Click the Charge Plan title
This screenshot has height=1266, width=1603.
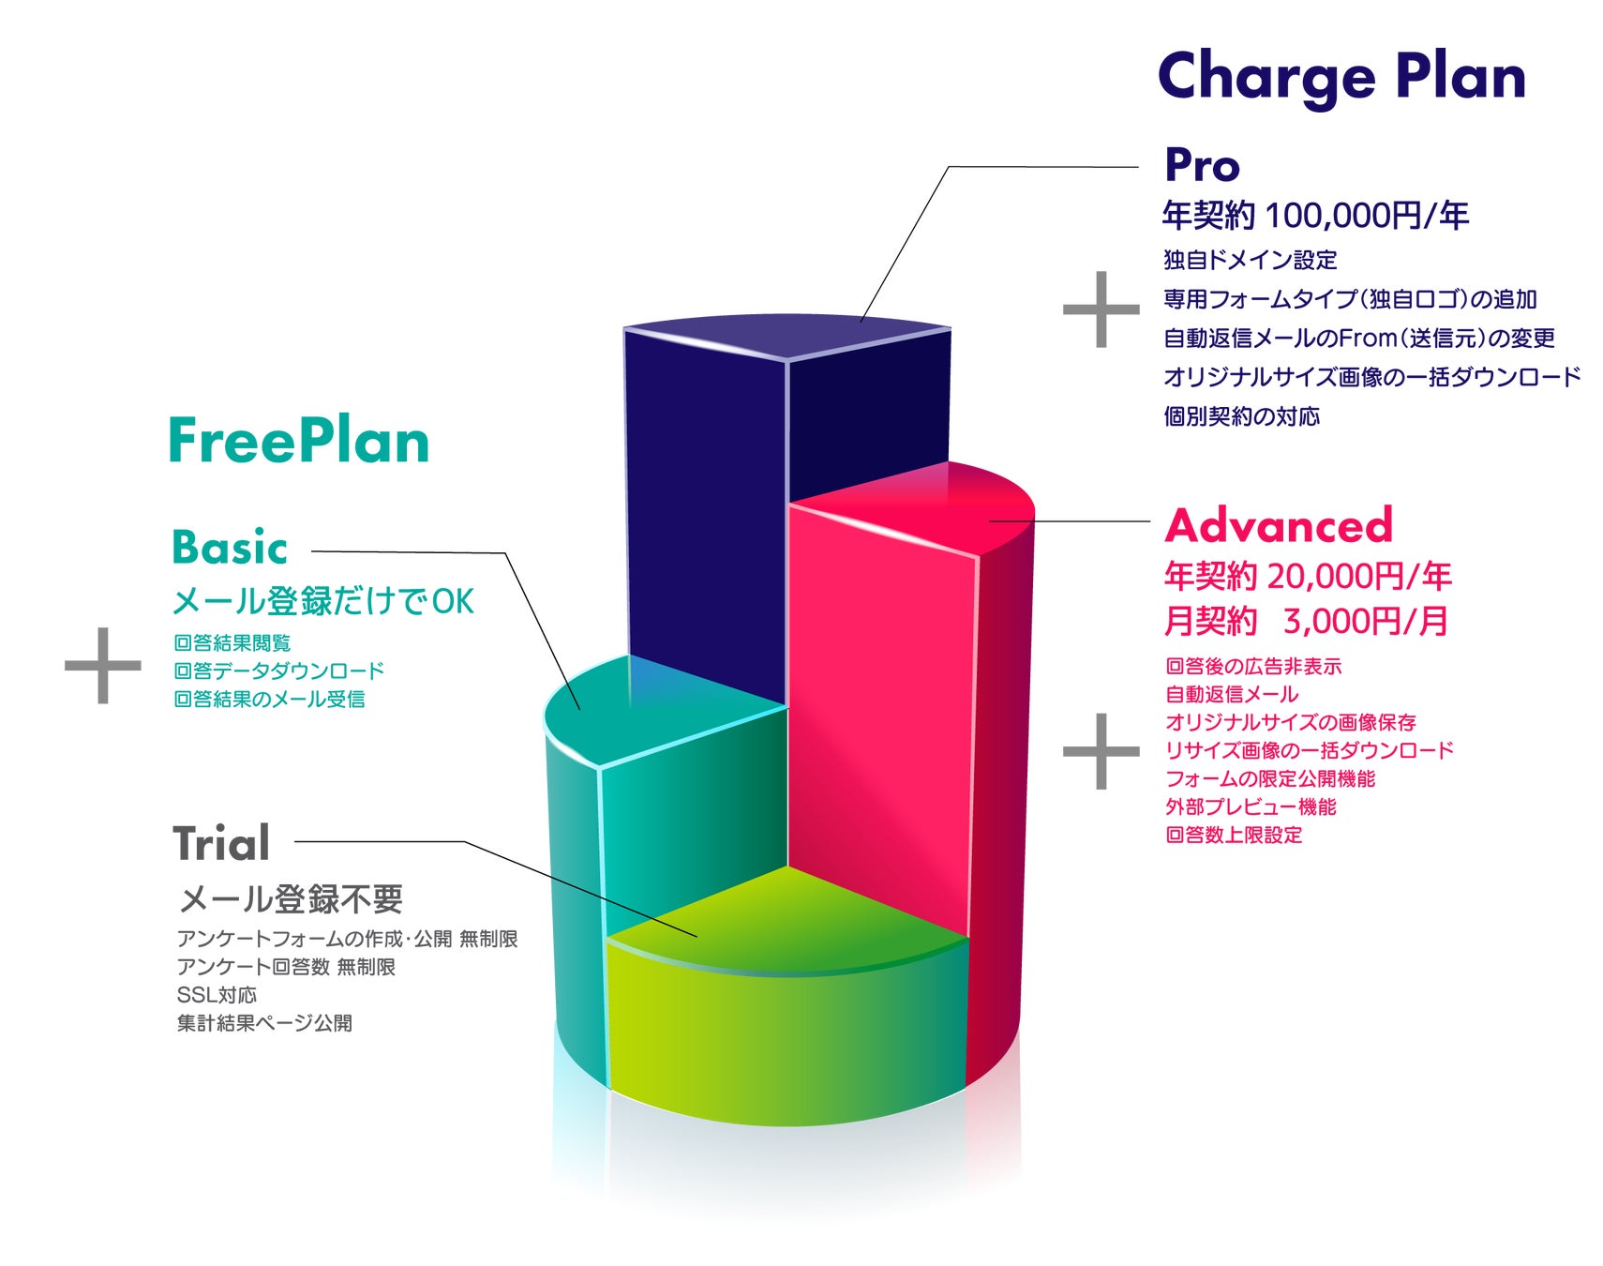(x=1341, y=77)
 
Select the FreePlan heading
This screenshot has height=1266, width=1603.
(x=298, y=441)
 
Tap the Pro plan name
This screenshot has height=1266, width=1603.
(x=1202, y=165)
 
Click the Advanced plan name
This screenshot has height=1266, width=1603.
(x=1279, y=525)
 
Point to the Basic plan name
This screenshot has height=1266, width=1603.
(x=229, y=548)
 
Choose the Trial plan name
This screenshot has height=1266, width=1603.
(x=221, y=843)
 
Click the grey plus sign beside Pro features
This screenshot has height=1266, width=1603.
(x=1101, y=309)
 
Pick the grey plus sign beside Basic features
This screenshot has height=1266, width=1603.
(x=103, y=666)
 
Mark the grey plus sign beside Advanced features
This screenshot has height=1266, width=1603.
(x=1101, y=751)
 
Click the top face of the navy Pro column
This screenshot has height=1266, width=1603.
(x=787, y=336)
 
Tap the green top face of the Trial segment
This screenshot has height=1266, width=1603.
(x=787, y=919)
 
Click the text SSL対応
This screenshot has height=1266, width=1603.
(x=217, y=994)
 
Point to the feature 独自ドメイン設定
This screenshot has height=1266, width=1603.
(x=1250, y=260)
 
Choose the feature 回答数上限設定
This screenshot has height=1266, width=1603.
(x=1234, y=835)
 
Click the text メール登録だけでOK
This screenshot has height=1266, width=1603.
(x=323, y=601)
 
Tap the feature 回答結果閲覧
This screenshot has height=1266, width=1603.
(x=232, y=642)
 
